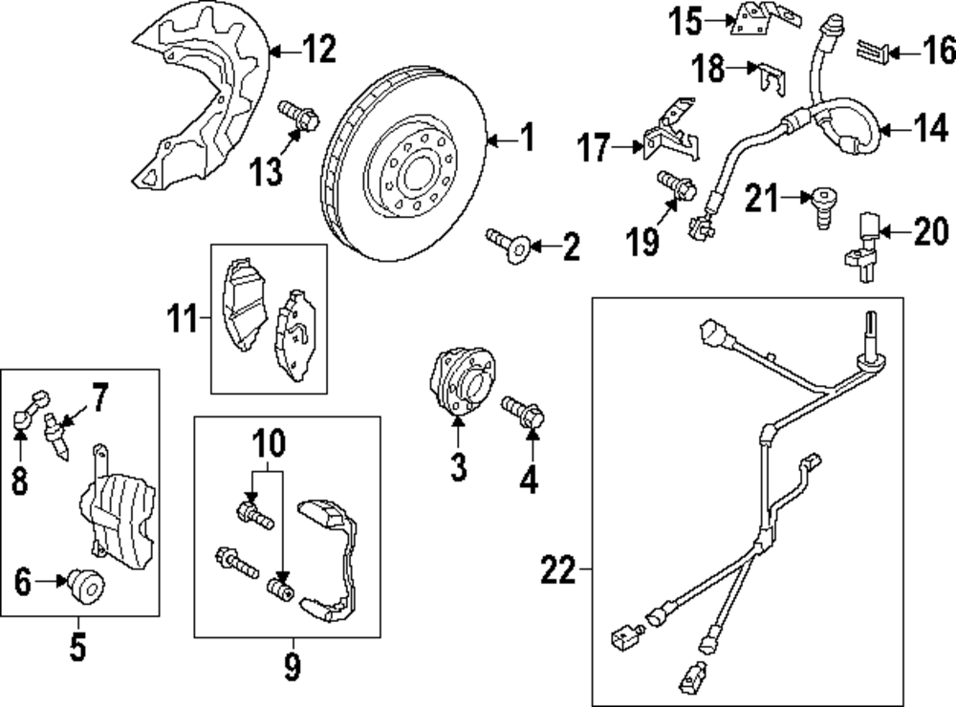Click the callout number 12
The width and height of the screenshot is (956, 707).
coord(319,50)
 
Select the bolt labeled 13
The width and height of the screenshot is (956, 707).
coord(298,116)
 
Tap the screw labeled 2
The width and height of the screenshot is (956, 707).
coord(509,245)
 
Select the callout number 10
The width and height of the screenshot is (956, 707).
coord(269,442)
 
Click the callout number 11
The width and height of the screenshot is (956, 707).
coord(183,317)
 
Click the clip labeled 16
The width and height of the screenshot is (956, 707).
coord(873,52)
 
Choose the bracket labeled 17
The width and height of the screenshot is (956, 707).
coord(670,130)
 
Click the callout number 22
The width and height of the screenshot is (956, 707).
coord(558,570)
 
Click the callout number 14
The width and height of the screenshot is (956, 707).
coord(931,129)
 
